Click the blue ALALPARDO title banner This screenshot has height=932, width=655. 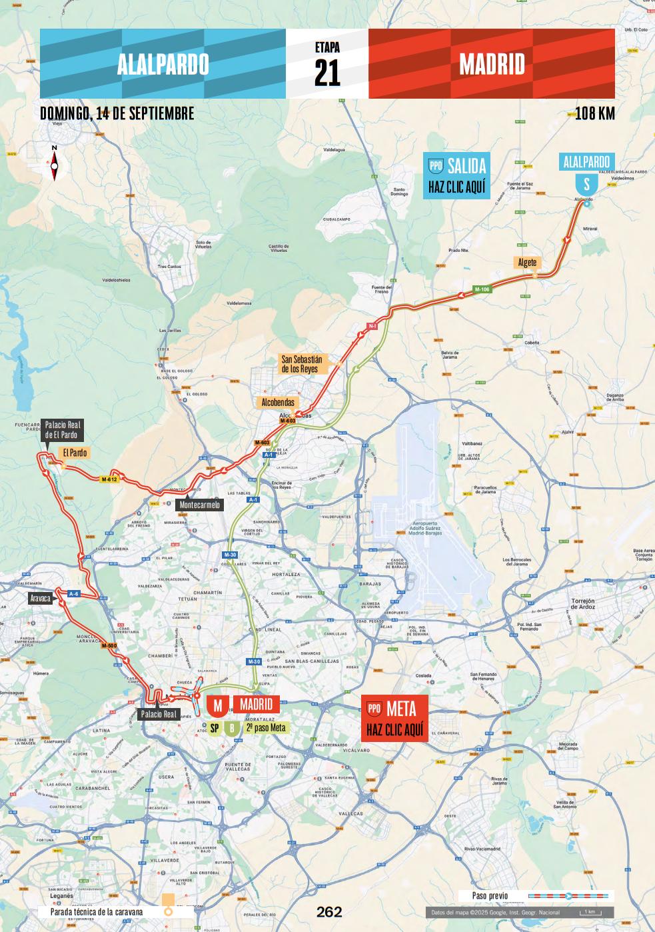click(163, 64)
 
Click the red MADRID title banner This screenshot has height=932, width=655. click(492, 64)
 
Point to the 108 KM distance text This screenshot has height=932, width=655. click(594, 113)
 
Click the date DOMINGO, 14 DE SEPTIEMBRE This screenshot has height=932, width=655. click(117, 113)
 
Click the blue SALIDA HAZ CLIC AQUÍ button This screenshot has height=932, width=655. click(457, 176)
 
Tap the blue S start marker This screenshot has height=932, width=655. click(586, 184)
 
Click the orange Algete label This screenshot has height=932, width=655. click(527, 262)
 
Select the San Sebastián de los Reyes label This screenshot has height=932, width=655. click(301, 364)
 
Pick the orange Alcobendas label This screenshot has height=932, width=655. click(278, 402)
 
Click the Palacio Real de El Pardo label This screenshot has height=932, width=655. click(62, 429)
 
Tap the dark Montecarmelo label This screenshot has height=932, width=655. click(199, 505)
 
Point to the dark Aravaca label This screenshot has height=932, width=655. click(40, 598)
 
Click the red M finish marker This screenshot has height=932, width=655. click(217, 705)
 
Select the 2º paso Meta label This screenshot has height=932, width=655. click(265, 727)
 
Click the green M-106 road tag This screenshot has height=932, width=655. click(482, 289)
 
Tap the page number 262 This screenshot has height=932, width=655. click(329, 911)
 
